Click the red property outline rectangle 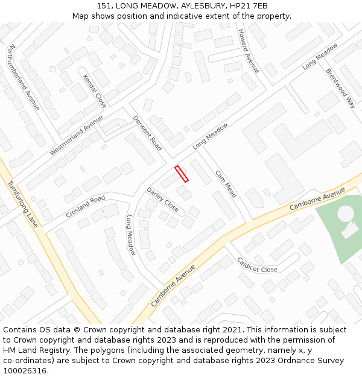[x=182, y=174]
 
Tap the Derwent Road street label [x=148, y=133]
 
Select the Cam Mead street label [x=226, y=183]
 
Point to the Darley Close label [x=162, y=200]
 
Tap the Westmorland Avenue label [x=76, y=135]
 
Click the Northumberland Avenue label [x=24, y=77]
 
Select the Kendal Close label [x=95, y=91]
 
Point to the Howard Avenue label [x=249, y=51]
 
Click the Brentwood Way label [x=341, y=87]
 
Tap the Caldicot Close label [x=258, y=265]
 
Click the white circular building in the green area [x=345, y=213]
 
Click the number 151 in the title [x=104, y=5]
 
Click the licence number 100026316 [x=25, y=371]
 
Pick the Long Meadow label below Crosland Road [x=131, y=235]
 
